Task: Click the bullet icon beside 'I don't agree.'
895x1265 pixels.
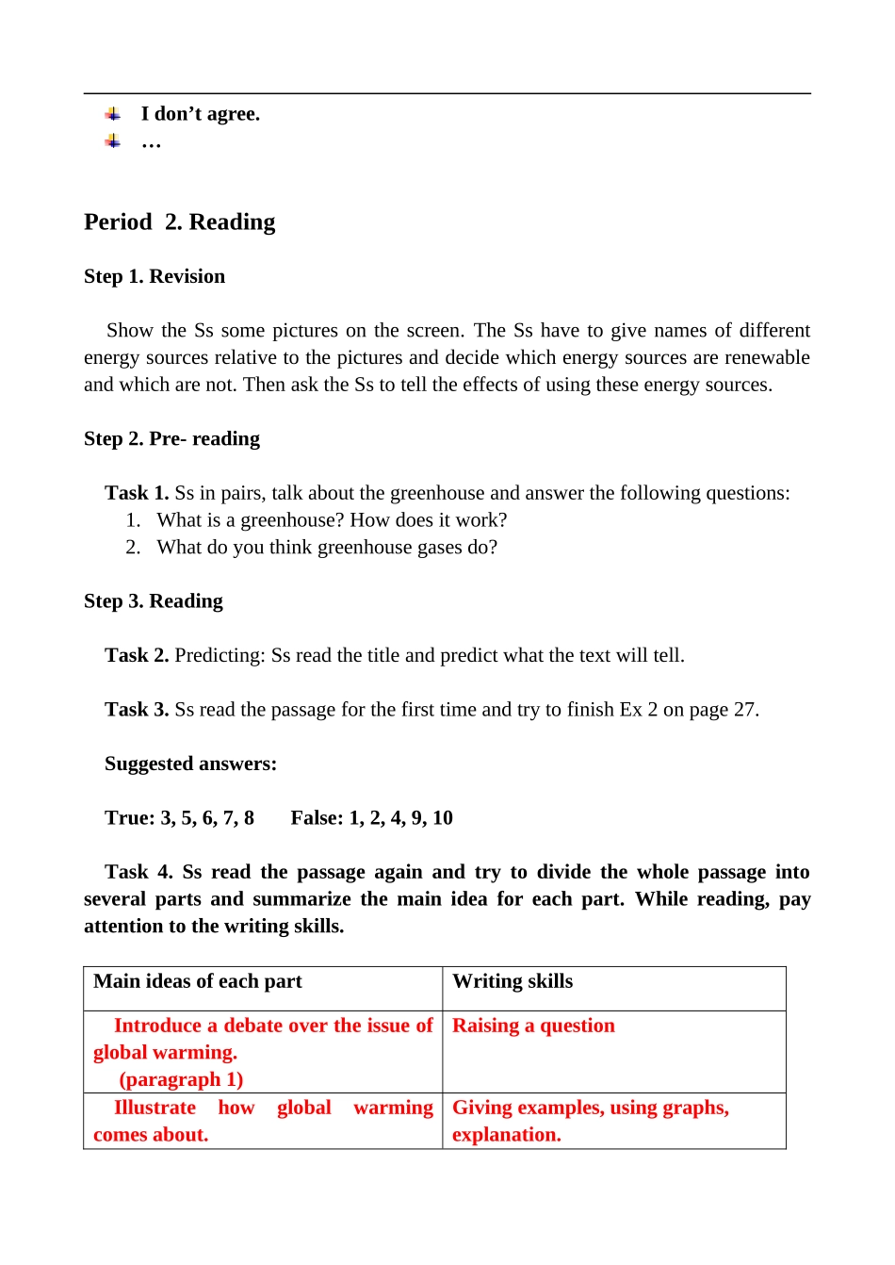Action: (x=113, y=114)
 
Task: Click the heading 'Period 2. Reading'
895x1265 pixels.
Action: (x=179, y=222)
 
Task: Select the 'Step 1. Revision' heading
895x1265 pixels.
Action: (x=155, y=276)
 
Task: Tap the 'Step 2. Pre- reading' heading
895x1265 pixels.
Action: (x=171, y=438)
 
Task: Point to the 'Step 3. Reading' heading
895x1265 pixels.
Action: (x=154, y=601)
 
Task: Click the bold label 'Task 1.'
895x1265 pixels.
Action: (x=137, y=493)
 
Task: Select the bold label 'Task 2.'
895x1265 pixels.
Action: (x=137, y=655)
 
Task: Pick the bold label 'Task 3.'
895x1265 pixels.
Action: (x=137, y=710)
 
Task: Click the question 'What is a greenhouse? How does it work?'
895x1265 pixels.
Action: (x=332, y=520)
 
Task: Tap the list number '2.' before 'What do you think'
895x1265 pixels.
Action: (x=133, y=548)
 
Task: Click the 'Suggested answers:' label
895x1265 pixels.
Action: (x=190, y=764)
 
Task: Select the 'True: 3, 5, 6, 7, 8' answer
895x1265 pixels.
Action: (x=179, y=818)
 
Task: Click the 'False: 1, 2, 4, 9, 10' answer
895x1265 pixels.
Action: (x=371, y=818)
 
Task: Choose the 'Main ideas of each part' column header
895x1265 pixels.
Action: (x=198, y=981)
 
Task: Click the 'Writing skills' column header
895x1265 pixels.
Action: (x=513, y=981)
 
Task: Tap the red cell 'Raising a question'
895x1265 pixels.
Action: (x=533, y=1026)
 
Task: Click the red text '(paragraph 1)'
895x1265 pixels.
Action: (x=181, y=1080)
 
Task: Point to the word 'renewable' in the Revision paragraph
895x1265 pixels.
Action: (x=766, y=357)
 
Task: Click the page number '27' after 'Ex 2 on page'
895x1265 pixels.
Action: (x=744, y=710)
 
